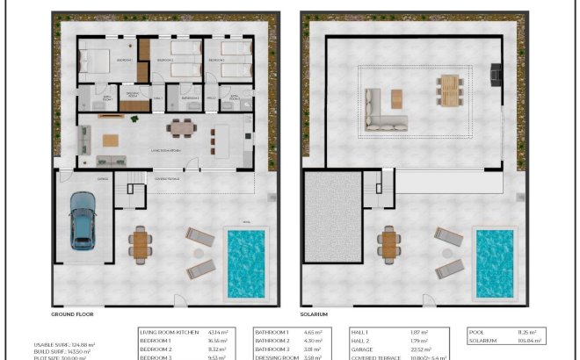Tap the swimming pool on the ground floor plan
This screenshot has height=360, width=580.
pos(246,263)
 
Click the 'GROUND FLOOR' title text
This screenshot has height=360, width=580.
pos(72,313)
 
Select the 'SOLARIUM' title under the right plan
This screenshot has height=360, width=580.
pos(315,313)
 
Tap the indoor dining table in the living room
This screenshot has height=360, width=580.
pos(181,128)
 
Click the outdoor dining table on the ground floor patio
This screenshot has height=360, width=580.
pos(140,244)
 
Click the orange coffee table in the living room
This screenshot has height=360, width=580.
pos(110,140)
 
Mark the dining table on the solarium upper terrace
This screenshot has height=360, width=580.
pos(449,89)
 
